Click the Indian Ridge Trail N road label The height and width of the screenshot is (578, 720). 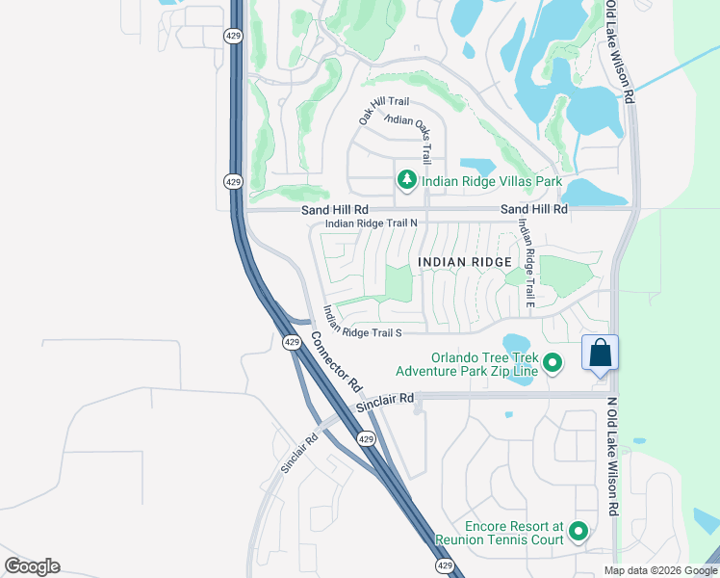(x=371, y=223)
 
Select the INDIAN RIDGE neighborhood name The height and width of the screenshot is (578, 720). (x=464, y=262)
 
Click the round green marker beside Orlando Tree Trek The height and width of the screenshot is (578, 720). (x=553, y=363)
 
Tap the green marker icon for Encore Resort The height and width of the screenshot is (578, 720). (x=579, y=532)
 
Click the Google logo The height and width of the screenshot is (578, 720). (x=32, y=566)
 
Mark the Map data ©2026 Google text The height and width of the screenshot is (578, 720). (x=659, y=570)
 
